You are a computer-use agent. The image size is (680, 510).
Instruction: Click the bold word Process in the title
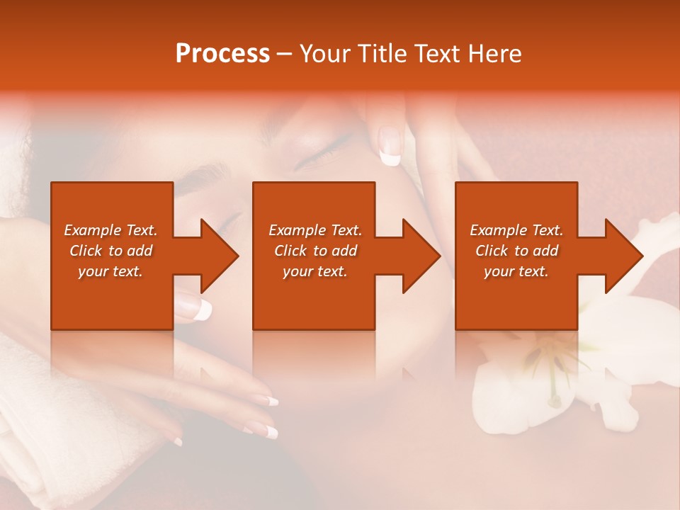click(x=222, y=54)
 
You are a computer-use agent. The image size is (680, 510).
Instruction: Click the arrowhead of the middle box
click(x=417, y=256)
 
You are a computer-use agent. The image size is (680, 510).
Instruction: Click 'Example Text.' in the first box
click(x=110, y=230)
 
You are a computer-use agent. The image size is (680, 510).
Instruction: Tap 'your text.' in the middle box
click(x=314, y=271)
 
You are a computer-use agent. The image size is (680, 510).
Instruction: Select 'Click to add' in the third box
click(x=516, y=251)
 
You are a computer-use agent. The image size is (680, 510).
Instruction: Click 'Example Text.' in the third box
click(x=516, y=230)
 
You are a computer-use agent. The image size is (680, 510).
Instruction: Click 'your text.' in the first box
click(x=110, y=271)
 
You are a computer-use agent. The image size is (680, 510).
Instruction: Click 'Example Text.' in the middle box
click(x=314, y=230)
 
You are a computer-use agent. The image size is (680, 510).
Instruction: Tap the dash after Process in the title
click(x=284, y=54)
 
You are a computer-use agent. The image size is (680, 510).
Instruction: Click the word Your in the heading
click(x=324, y=54)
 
